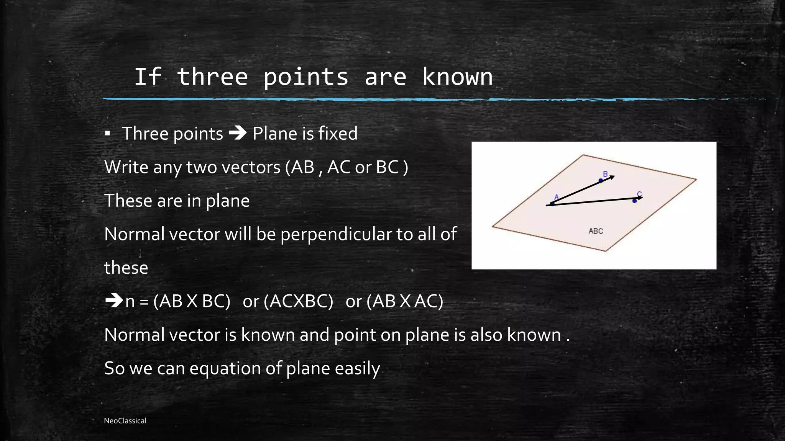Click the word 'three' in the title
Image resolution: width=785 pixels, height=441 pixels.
click(x=212, y=77)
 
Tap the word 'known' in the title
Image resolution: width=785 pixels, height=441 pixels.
click(x=457, y=77)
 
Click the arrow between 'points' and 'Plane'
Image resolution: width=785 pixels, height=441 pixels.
click(x=238, y=133)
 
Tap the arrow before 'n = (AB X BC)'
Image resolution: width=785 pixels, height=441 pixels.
click(x=113, y=301)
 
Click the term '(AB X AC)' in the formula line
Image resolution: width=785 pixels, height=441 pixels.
click(x=405, y=301)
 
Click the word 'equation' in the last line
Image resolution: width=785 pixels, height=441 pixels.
click(x=225, y=368)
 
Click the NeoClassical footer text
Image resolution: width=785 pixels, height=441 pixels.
click(x=125, y=421)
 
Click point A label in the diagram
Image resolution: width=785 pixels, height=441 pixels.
click(x=557, y=197)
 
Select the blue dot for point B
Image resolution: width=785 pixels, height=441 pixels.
click(x=601, y=180)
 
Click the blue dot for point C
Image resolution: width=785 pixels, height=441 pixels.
click(x=635, y=201)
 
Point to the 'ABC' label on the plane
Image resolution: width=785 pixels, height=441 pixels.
click(x=596, y=231)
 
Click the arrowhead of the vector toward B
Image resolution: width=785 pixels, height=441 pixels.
click(x=612, y=177)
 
